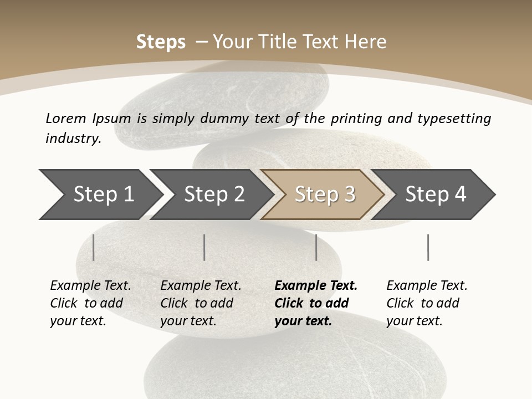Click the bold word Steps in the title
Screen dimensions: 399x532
coord(161,42)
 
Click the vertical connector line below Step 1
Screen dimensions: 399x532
coord(94,247)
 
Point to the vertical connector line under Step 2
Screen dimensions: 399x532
coord(204,247)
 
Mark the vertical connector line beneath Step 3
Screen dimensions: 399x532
coord(316,247)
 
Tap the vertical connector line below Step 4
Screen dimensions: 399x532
coord(428,247)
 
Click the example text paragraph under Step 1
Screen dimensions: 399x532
coord(90,303)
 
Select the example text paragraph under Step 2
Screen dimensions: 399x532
coord(201,303)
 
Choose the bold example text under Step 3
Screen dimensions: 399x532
coord(316,303)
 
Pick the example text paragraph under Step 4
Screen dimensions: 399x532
coord(427,303)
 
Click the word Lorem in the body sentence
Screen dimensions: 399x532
coord(66,119)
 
